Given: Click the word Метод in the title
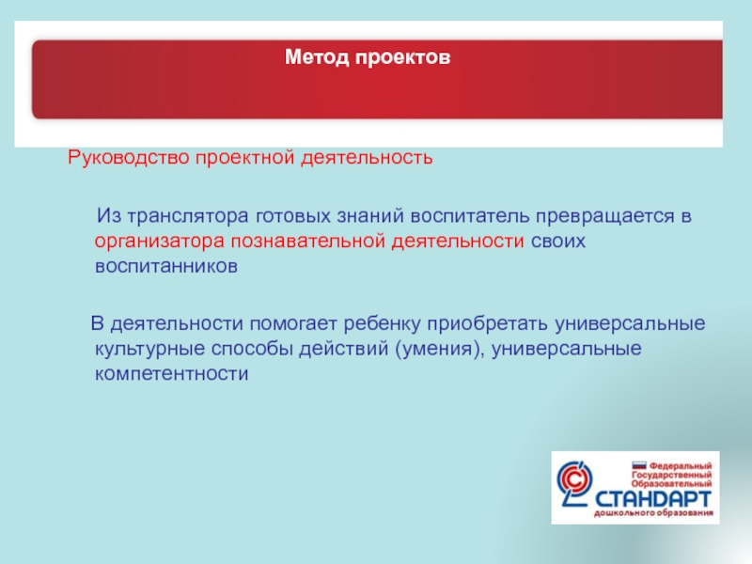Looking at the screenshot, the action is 317,57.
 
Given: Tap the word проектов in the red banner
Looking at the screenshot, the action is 403,58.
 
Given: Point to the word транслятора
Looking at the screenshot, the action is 188,217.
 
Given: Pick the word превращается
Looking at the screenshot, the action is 605,217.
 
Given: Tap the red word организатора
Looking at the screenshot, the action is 159,242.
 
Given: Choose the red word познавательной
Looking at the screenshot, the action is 308,242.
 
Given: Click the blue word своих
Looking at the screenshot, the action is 558,242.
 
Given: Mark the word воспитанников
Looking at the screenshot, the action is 166,266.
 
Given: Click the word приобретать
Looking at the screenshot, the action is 487,324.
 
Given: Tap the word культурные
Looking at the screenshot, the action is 150,349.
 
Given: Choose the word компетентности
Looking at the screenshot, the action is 172,373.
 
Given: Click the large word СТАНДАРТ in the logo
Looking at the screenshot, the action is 652,499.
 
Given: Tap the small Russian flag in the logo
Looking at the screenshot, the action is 639,465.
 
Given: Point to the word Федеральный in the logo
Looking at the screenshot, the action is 681,466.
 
